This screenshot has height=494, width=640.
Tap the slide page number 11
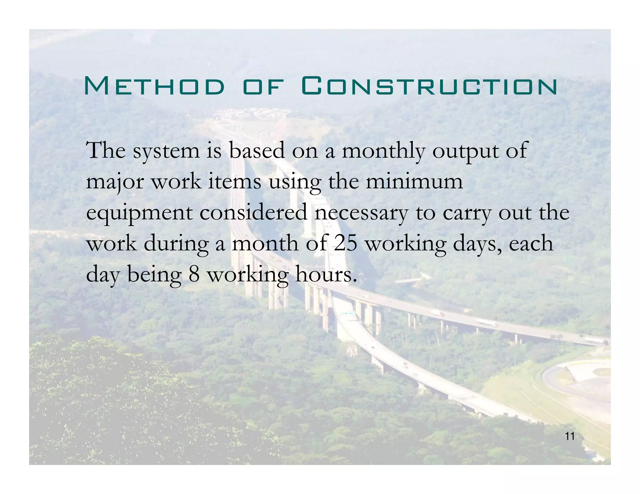570,437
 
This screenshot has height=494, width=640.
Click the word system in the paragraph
166,151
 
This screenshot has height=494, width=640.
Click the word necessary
361,214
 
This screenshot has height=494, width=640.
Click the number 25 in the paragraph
345,244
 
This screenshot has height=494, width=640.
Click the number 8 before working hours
194,275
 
